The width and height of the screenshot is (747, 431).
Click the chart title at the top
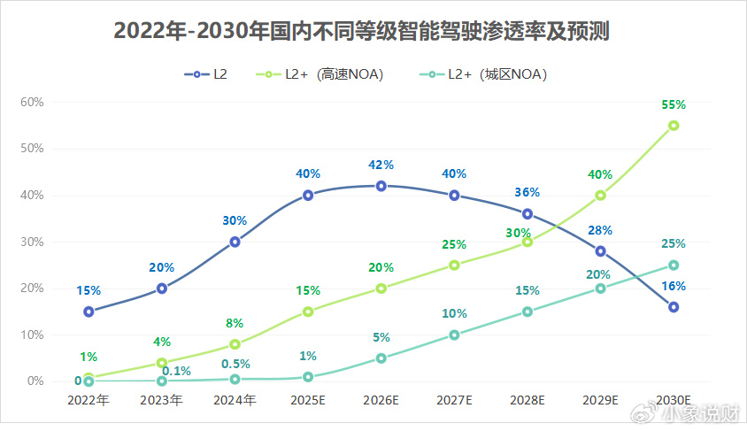361,31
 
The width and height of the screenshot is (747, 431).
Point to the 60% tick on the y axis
33,102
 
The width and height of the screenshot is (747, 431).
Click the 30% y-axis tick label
33,242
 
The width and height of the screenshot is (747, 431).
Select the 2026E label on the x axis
381,400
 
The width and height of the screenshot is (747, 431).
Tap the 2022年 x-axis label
89,400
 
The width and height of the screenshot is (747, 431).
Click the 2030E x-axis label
674,400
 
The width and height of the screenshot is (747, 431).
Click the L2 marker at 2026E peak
381,186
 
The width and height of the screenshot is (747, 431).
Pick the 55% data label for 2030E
674,104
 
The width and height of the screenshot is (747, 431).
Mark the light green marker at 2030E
674,126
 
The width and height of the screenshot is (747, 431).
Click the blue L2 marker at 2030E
674,307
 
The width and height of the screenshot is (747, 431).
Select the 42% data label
381,165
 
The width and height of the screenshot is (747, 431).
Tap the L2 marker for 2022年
89,312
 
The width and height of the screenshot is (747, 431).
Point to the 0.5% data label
235,364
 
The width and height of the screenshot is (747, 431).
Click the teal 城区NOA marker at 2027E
454,335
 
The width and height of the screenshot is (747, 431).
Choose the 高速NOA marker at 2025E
308,312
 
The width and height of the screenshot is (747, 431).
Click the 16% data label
674,286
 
